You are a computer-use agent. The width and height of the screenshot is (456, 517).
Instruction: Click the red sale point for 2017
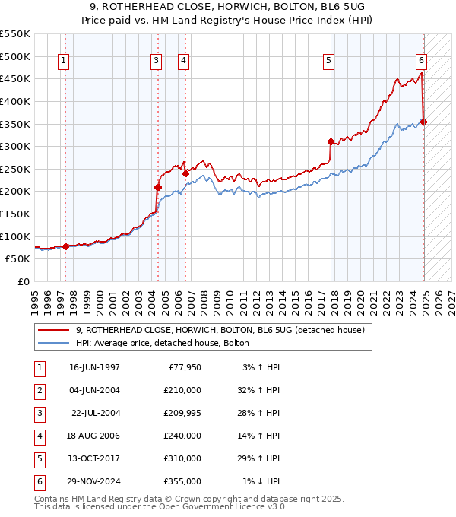click(x=331, y=141)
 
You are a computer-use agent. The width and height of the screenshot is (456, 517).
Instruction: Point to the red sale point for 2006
click(x=185, y=173)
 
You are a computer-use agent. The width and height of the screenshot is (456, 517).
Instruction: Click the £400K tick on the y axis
click(x=17, y=101)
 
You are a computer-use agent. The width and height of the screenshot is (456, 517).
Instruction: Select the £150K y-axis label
click(x=17, y=214)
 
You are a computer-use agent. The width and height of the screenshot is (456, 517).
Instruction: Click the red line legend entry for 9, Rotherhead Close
click(x=220, y=331)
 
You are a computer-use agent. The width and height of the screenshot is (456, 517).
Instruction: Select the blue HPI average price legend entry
click(x=168, y=343)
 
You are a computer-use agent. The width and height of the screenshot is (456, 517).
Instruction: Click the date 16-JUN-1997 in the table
click(x=94, y=368)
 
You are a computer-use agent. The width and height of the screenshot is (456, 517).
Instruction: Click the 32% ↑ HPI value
click(x=261, y=391)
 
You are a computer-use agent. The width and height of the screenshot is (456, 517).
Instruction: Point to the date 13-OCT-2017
click(x=94, y=458)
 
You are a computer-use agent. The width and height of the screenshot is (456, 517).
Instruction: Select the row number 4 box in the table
click(x=38, y=436)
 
